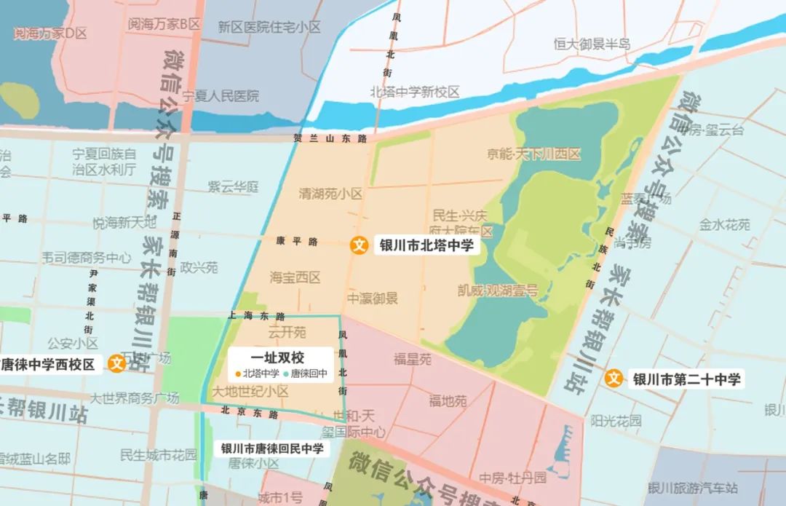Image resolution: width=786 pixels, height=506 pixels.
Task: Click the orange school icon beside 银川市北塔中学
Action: pyautogui.click(x=358, y=245)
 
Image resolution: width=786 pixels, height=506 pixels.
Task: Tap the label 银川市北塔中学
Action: pyautogui.click(x=426, y=245)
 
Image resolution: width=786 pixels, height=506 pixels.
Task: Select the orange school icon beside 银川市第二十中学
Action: pyautogui.click(x=614, y=379)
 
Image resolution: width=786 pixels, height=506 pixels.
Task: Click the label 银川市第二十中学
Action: pyautogui.click(x=686, y=379)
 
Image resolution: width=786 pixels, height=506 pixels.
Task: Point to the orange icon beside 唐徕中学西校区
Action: pyautogui.click(x=117, y=364)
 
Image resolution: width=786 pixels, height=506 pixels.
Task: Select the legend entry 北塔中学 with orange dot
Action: pyautogui.click(x=258, y=373)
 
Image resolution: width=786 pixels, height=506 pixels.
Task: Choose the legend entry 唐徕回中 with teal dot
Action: pyautogui.click(x=306, y=373)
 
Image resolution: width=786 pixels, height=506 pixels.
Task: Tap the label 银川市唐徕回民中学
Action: pyautogui.click(x=272, y=448)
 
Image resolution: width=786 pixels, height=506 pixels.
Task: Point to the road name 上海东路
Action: pyautogui.click(x=256, y=316)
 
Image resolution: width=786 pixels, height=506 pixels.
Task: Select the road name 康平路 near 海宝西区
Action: pyautogui.click(x=297, y=241)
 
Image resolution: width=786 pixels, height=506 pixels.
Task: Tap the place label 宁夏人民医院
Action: pyautogui.click(x=221, y=96)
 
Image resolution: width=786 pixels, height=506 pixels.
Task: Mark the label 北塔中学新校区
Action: pyautogui.click(x=415, y=92)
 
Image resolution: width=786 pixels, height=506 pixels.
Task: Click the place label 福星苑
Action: pyautogui.click(x=413, y=359)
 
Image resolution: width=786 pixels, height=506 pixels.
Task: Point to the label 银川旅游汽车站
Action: pyautogui.click(x=692, y=488)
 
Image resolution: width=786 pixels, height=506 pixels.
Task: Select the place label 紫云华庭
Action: pyautogui.click(x=234, y=187)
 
